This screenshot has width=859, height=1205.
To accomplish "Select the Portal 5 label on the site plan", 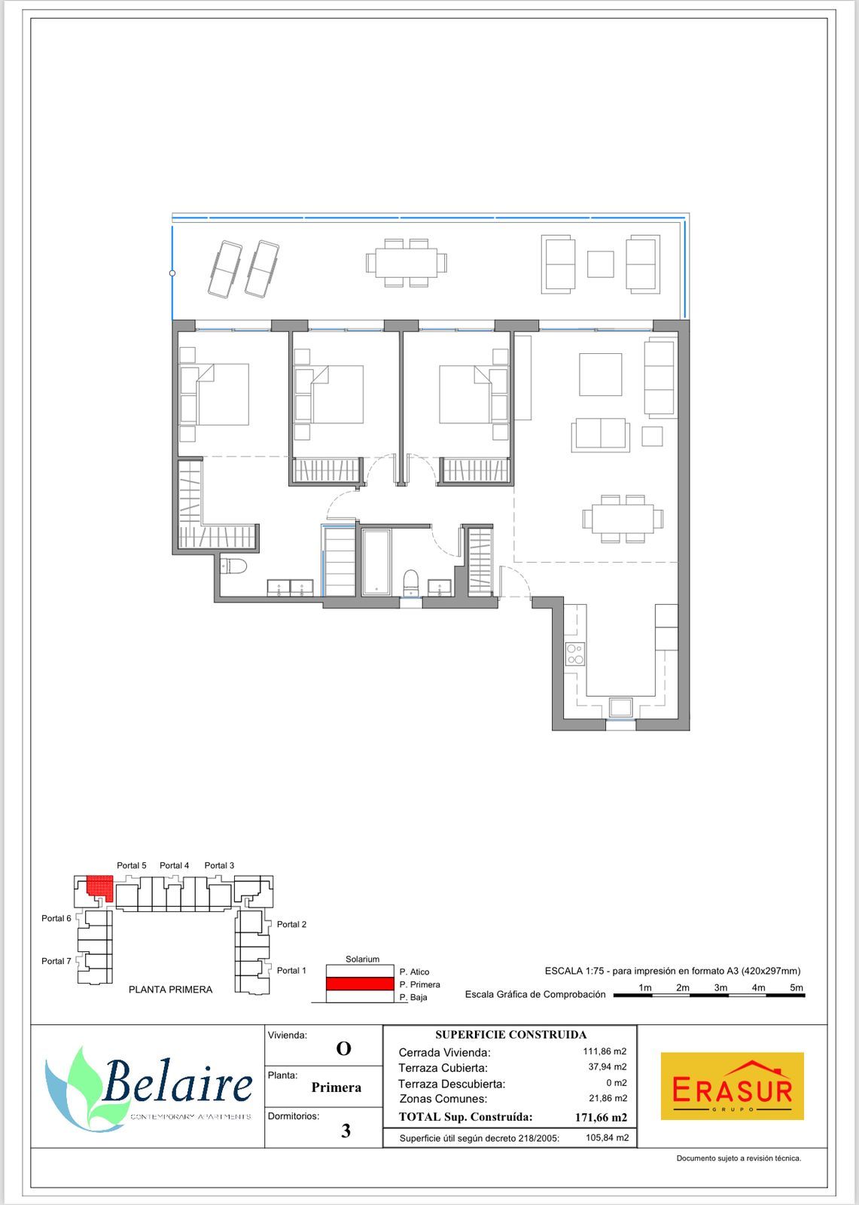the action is [x=131, y=865].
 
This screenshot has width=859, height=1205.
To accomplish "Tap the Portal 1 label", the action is [x=291, y=971].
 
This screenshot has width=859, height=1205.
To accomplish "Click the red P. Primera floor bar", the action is [x=360, y=984].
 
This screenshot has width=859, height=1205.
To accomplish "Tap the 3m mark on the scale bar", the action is [x=720, y=987].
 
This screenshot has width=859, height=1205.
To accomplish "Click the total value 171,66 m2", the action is [x=601, y=1118].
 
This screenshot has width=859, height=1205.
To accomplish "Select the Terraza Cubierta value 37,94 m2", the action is [x=608, y=1066].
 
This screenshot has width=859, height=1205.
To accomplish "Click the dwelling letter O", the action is [x=344, y=1048].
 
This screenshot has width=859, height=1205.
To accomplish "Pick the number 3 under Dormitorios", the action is [x=346, y=1130].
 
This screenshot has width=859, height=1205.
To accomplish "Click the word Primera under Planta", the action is [x=337, y=1088].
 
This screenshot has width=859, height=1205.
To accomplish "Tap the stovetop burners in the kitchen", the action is [x=575, y=654].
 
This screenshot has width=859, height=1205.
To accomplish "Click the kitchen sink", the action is [x=620, y=707].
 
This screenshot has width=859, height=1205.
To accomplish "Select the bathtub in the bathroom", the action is [x=376, y=562].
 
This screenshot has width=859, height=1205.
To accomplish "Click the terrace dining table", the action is [x=406, y=263].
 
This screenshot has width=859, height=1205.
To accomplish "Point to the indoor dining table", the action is [x=623, y=519].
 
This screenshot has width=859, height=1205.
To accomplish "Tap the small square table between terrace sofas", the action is [x=600, y=264].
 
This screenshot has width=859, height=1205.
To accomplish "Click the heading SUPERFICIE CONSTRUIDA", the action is [x=510, y=1035].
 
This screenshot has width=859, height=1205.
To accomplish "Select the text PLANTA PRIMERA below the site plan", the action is [x=170, y=990].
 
